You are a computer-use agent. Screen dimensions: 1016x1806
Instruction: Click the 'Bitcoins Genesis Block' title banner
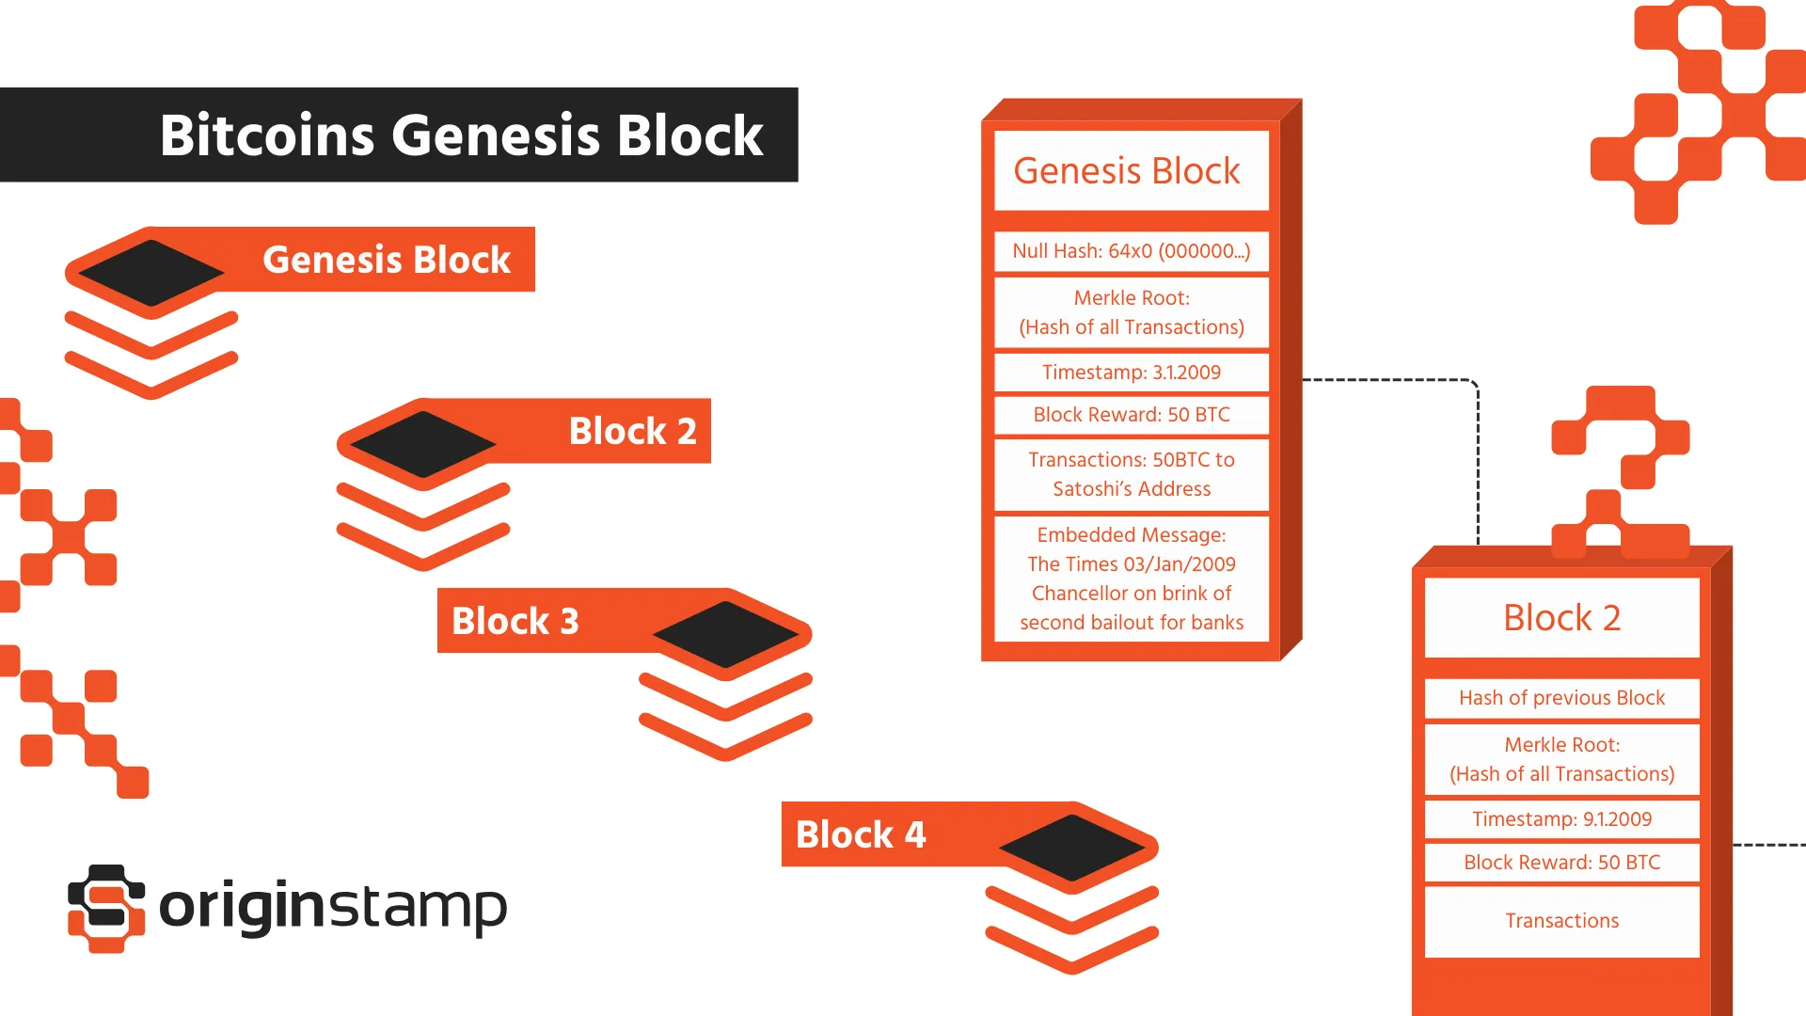[461, 135]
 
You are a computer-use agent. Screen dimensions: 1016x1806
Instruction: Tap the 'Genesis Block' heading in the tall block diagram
[1131, 171]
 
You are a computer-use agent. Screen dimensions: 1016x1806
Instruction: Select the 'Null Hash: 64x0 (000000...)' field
[1131, 251]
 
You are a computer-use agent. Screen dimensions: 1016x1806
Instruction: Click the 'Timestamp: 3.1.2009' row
[1131, 373]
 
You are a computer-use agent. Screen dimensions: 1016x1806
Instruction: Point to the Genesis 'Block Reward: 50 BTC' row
[1131, 415]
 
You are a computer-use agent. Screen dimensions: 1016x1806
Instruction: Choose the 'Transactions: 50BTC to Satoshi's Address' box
[1131, 474]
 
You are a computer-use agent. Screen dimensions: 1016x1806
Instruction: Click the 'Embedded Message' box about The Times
[1131, 578]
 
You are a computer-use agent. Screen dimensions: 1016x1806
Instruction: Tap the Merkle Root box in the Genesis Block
[1131, 312]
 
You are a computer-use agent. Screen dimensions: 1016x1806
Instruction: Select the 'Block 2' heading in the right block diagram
[1561, 618]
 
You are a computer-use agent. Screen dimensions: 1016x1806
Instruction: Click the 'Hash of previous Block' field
[1561, 698]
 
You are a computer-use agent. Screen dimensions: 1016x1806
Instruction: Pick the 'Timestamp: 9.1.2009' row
[1561, 819]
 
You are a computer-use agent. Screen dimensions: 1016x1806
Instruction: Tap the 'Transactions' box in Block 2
[1561, 921]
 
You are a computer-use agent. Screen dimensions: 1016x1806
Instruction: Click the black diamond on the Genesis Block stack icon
[150, 273]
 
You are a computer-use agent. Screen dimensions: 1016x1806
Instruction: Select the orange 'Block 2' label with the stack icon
[632, 431]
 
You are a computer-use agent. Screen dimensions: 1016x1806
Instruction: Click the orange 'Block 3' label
[515, 621]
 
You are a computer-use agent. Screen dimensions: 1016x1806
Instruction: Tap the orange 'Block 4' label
[861, 834]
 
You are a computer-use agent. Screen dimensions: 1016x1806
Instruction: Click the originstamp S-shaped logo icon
[106, 908]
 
